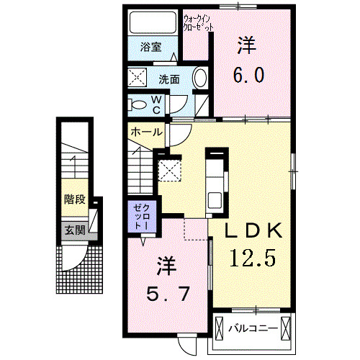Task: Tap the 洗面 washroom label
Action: tap(170, 78)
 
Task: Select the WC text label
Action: tap(156, 104)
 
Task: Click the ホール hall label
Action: tap(145, 132)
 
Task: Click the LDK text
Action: tap(253, 232)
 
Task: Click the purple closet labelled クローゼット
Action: tap(140, 217)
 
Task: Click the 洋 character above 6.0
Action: tap(247, 45)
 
